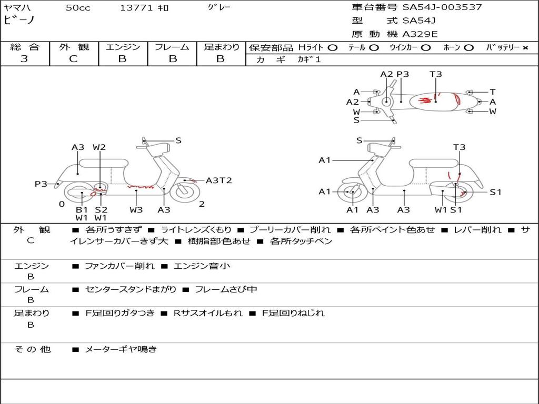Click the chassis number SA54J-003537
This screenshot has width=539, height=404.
click(442, 7)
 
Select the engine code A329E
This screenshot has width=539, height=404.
click(420, 35)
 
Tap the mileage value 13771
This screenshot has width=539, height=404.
click(136, 8)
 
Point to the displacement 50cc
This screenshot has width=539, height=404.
click(78, 8)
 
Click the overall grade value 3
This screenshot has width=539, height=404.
click(24, 59)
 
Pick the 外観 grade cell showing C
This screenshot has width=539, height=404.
click(74, 59)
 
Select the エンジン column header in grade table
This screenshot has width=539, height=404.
click(123, 47)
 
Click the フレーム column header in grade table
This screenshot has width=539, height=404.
click(172, 47)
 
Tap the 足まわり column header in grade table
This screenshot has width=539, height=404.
click(221, 47)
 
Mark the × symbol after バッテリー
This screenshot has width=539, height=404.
click(525, 48)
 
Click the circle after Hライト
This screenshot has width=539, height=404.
click(332, 48)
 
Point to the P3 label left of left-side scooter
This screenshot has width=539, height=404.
click(41, 184)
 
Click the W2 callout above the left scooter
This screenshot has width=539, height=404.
click(99, 147)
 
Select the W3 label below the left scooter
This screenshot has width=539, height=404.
click(136, 210)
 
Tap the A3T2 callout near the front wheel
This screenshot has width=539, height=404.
click(218, 180)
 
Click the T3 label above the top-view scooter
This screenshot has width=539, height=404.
click(435, 74)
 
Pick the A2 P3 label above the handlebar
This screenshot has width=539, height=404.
click(395, 74)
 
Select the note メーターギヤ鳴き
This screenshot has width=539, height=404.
click(121, 349)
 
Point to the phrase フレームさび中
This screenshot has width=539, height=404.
click(226, 289)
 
